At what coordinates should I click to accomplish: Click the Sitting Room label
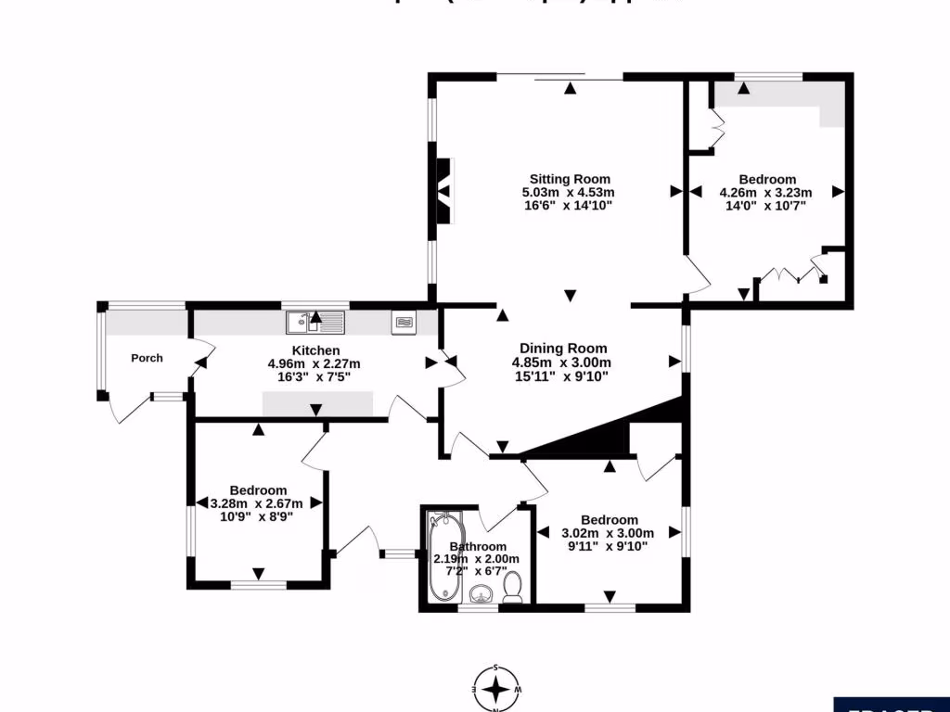coord(570,179)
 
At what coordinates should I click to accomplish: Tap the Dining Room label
coord(563,349)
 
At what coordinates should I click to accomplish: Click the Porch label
coord(147,358)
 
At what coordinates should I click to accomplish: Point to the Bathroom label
coord(477,546)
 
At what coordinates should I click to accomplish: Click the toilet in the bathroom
coord(512,588)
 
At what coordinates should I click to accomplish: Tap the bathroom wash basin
coord(479,594)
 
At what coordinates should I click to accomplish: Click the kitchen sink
coord(315,323)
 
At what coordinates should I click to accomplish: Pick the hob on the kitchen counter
coord(404,322)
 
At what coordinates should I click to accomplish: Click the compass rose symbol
coord(497,689)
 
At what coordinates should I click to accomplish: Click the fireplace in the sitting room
coord(446,192)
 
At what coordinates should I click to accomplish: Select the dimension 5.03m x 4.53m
coord(569,193)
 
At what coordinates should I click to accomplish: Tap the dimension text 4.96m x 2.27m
coord(314,363)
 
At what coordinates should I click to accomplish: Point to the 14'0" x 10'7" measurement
coord(766,206)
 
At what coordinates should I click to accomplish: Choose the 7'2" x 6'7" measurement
coord(477,571)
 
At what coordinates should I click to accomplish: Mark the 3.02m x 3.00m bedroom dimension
coord(609,533)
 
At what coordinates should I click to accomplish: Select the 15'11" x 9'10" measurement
coord(563,375)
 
